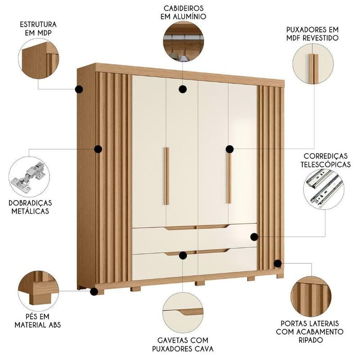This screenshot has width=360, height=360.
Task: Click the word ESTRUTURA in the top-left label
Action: coord(38,24)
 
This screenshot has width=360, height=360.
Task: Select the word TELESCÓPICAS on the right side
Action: coord(325,164)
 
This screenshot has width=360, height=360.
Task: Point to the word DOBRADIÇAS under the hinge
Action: coord(30,203)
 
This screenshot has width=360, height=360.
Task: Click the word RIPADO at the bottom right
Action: coord(310,340)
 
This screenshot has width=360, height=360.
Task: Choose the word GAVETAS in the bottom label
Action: coord(171,340)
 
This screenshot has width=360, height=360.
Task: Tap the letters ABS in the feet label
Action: coord(54,325)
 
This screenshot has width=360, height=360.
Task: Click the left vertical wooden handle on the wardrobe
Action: coord(166,176)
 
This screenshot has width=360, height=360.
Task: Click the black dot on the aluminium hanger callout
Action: coord(183,89)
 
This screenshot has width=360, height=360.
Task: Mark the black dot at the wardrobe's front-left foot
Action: coord(94,292)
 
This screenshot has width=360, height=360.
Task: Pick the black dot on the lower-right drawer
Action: coord(254,237)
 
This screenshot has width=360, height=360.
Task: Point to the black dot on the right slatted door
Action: coord(278,264)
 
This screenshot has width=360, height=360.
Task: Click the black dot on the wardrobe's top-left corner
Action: coord(79,89)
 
